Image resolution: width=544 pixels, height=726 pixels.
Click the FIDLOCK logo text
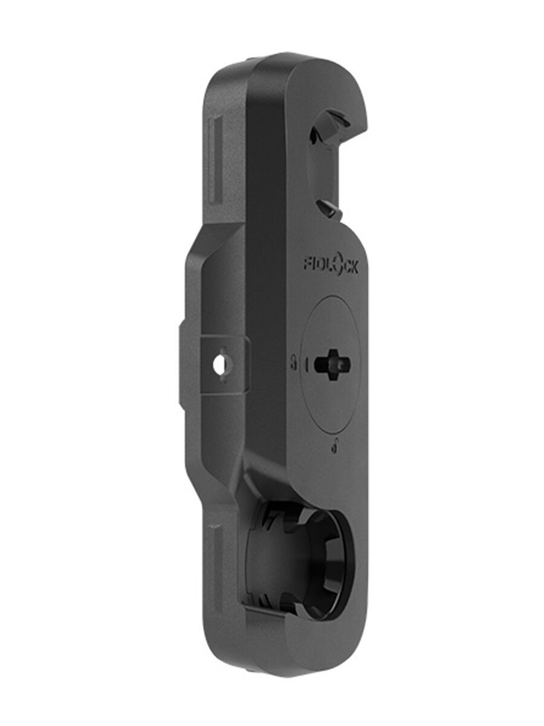click(x=331, y=265)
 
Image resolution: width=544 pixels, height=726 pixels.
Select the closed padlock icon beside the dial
click(x=294, y=363)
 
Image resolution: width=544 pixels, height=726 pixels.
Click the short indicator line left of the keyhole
click(x=306, y=364)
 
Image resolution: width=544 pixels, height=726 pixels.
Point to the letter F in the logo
click(x=308, y=263)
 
